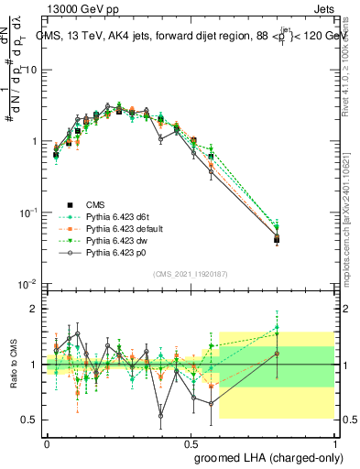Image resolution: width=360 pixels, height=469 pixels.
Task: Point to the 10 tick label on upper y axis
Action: tap(34, 70)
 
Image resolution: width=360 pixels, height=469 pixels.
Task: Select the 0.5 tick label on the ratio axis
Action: tap(34, 420)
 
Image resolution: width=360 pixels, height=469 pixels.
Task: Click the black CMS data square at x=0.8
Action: tap(277, 239)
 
